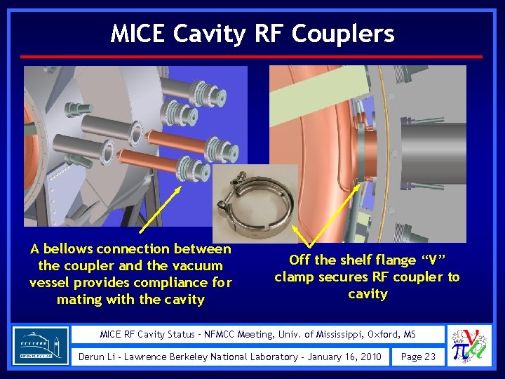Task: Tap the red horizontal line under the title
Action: tap(252, 56)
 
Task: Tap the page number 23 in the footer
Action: tap(428, 357)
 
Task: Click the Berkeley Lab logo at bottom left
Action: tap(41, 345)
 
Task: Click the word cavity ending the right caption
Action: tap(368, 294)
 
